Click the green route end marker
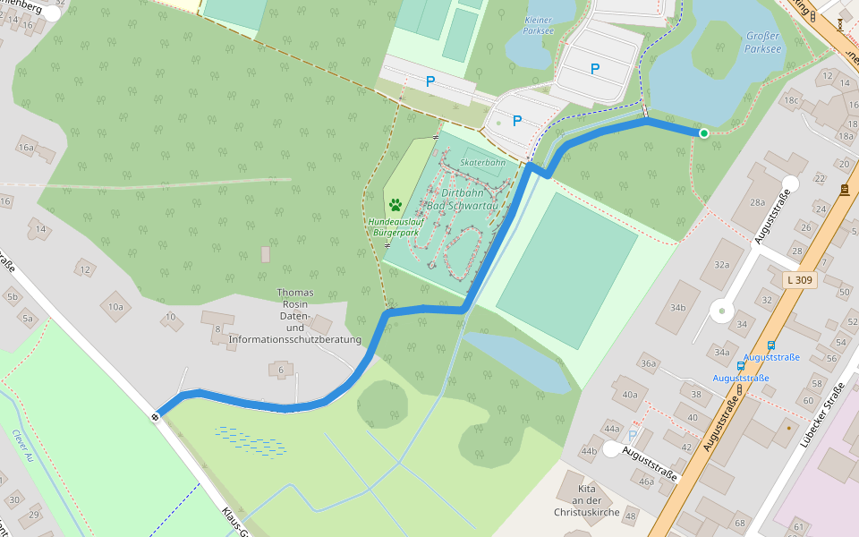coord(704,133)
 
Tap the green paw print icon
coord(395,205)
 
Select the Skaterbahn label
coord(483,164)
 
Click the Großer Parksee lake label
coord(761,41)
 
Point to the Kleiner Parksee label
coord(538,24)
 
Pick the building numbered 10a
coord(116,306)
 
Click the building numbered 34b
coord(677,308)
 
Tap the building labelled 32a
coord(722,265)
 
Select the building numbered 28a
coord(757,203)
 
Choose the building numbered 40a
coord(630,394)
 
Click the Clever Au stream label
coord(22,445)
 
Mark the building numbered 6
coord(281,370)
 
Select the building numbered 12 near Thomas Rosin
coord(86,268)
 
